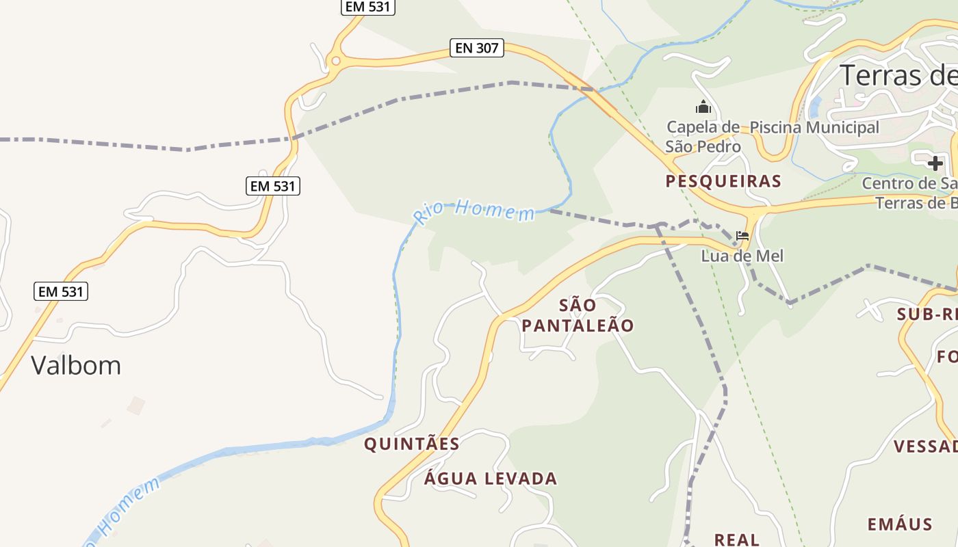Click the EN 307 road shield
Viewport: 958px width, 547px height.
tap(477, 48)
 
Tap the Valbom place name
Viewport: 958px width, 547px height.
tap(76, 365)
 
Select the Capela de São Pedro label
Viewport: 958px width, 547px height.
tap(703, 137)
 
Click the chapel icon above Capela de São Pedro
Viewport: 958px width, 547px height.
tap(703, 107)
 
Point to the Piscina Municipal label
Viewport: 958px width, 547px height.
tap(814, 127)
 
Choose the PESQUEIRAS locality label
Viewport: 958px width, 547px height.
tap(723, 181)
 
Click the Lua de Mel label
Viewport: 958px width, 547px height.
tap(742, 256)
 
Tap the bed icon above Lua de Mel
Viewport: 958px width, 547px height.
tap(742, 237)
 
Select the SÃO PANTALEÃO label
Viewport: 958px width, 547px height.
tap(578, 315)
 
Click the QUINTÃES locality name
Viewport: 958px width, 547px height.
tap(412, 444)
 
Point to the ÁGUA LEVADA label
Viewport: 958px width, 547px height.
tap(491, 478)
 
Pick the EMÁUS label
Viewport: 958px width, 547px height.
tap(900, 524)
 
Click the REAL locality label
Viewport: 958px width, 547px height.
tap(737, 539)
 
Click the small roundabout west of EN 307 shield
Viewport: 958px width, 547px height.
tap(335, 61)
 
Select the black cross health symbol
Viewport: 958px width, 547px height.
tap(935, 163)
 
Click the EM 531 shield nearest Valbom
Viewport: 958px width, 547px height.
tap(61, 291)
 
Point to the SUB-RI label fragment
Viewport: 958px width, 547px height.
tap(927, 315)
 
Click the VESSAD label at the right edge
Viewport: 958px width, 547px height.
tap(925, 446)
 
